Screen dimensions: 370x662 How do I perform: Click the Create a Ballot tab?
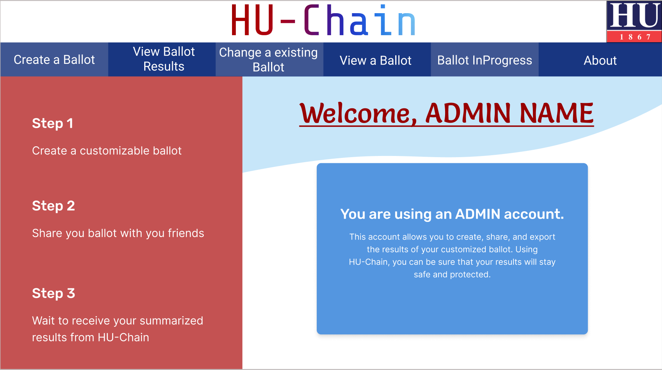pos(54,60)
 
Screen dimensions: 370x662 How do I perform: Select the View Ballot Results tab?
pos(164,59)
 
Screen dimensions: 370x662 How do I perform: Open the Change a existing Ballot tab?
pos(268,60)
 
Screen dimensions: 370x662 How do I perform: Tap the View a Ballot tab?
pos(375,60)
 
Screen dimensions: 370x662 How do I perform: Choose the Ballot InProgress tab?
pos(485,60)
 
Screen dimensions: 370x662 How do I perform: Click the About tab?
pos(600,60)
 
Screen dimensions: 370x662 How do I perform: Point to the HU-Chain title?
pos(323,21)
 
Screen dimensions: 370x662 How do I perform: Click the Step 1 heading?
pos(53,123)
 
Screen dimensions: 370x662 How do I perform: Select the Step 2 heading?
pos(53,206)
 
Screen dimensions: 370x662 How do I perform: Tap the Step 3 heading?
pos(53,293)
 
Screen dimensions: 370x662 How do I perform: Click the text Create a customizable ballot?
pos(107,151)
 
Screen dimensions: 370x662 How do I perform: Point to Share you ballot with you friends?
pos(118,233)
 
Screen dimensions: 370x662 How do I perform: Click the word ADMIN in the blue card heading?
pos(478,214)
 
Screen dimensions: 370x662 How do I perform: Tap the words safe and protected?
pos(452,274)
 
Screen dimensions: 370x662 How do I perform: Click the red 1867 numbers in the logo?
pos(635,37)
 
